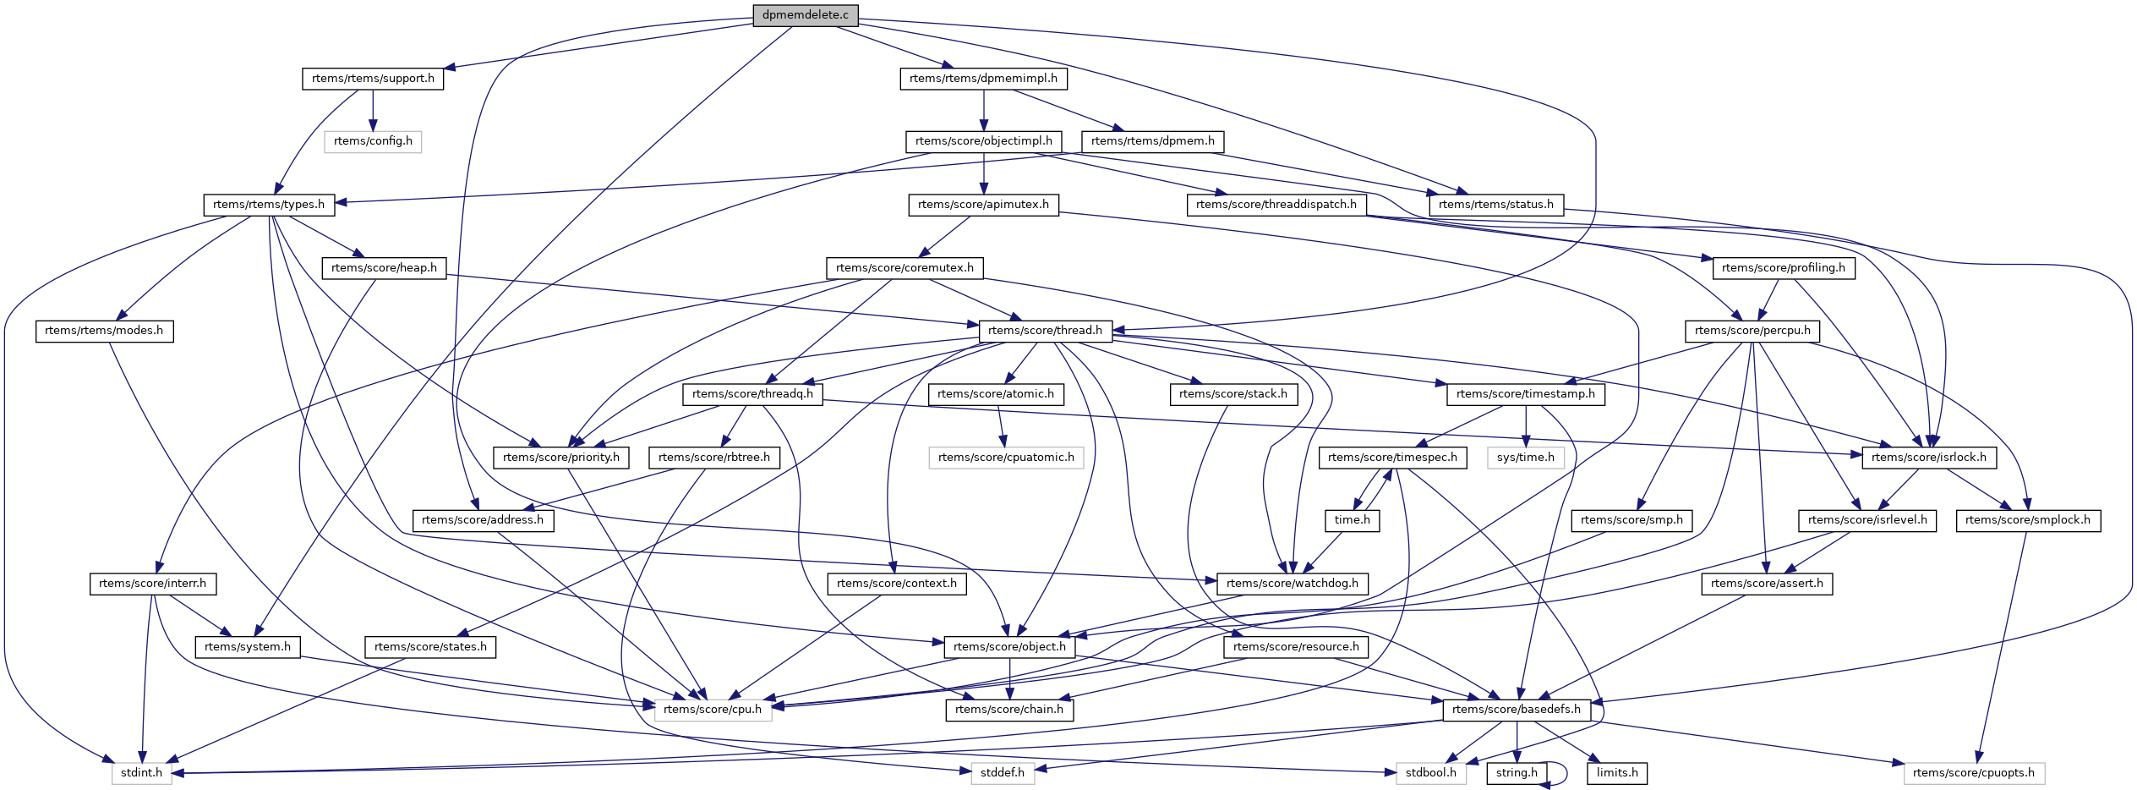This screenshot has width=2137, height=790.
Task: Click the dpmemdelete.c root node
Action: click(x=805, y=15)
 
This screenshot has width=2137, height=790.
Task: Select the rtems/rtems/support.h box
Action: click(x=373, y=79)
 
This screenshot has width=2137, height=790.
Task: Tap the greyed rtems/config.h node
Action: click(x=373, y=141)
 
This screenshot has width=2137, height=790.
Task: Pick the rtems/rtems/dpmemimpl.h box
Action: click(x=983, y=79)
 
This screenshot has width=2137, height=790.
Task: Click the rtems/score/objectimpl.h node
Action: click(x=983, y=141)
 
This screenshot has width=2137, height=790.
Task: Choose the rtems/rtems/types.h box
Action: click(x=269, y=205)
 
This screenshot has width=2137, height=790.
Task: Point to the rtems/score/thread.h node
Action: click(x=1045, y=331)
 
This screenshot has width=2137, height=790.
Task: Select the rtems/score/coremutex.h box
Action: click(x=905, y=268)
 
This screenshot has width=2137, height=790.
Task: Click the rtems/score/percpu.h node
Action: click(x=1752, y=331)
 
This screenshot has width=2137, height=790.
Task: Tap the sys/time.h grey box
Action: click(x=1526, y=458)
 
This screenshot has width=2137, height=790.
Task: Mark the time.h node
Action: click(x=1353, y=520)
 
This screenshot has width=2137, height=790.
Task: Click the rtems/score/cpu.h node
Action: click(x=713, y=710)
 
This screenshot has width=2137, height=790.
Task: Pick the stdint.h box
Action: click(x=141, y=773)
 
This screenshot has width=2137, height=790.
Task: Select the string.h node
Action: click(x=1517, y=773)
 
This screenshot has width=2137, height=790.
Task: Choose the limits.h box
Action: click(x=1617, y=773)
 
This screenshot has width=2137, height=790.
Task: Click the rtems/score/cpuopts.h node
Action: click(x=1974, y=773)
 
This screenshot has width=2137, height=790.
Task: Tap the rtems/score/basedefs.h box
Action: click(x=1516, y=710)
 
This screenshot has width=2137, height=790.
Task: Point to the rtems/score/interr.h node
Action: click(x=152, y=584)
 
